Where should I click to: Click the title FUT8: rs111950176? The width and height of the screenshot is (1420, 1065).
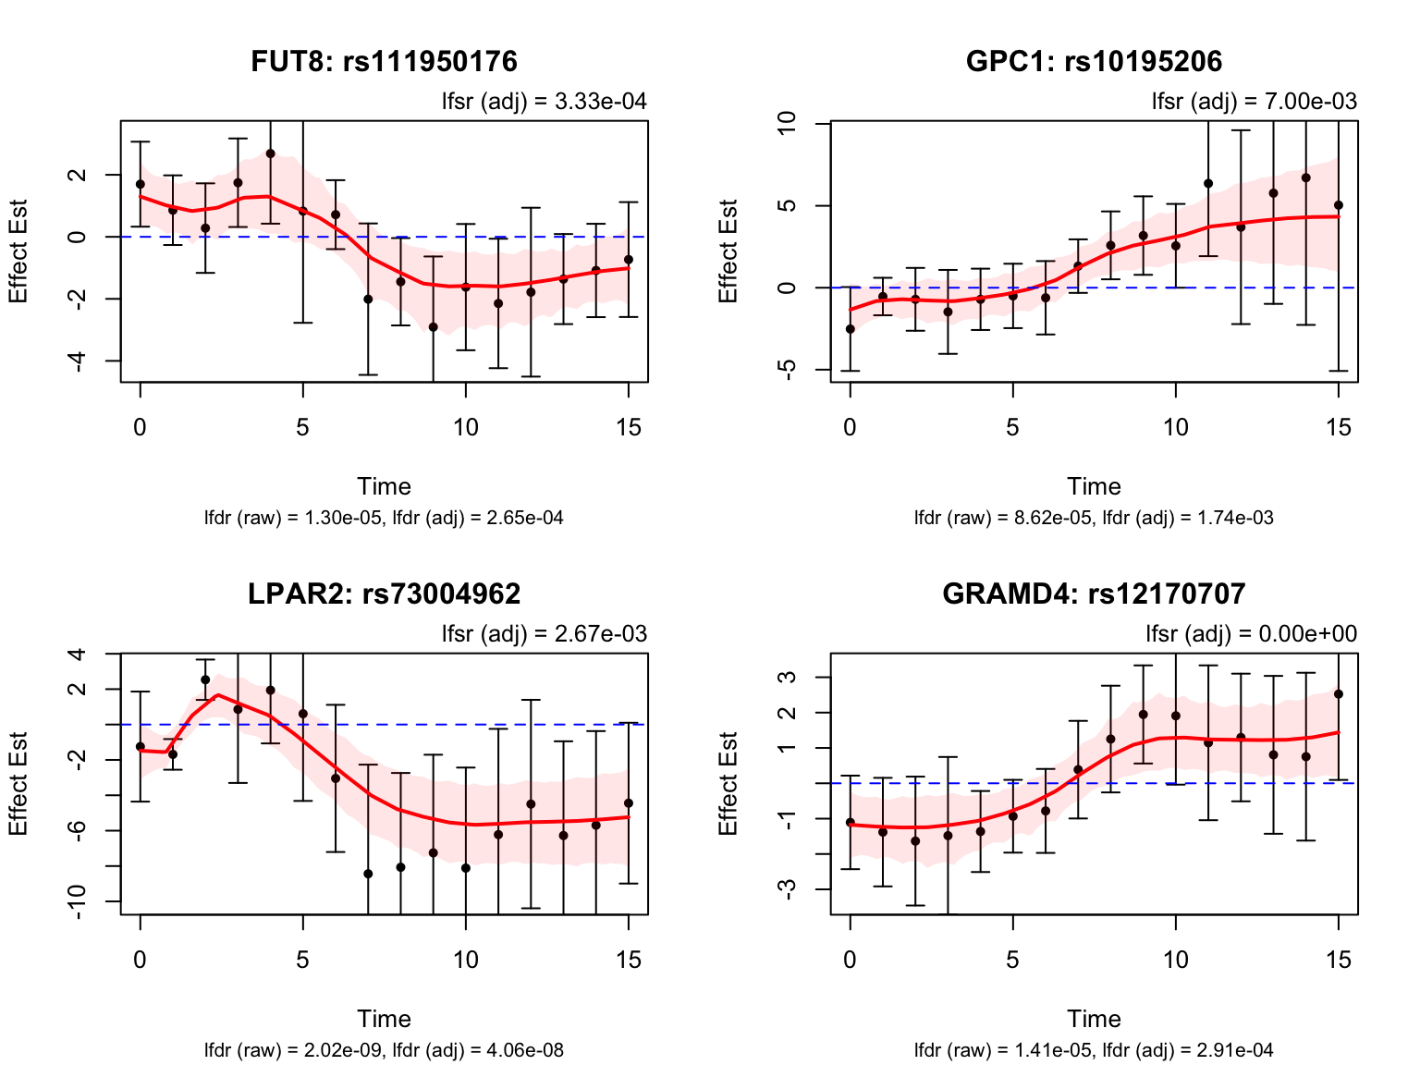pos(384,61)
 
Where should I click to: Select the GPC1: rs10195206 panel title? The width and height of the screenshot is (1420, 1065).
pos(1094,61)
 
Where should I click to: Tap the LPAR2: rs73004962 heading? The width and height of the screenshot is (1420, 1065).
pos(384,594)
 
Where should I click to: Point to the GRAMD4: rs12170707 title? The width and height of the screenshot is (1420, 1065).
pos(1094,594)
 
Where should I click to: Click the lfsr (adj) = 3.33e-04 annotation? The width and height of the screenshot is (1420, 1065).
pos(544,102)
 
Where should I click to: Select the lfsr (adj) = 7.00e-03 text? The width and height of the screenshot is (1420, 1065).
pos(1254,102)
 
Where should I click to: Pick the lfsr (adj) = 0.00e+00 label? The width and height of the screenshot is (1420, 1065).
pos(1251,634)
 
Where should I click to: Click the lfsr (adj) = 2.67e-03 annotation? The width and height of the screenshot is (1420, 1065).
pos(544,634)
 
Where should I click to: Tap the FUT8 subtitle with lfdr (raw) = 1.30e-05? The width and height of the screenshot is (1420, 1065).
pos(384,518)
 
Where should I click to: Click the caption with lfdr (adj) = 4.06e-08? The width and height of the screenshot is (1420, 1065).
pos(384,1050)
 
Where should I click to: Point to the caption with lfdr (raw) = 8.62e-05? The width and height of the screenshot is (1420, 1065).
pos(1094,518)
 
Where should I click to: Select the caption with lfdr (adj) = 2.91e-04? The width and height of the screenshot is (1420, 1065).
pos(1094,1050)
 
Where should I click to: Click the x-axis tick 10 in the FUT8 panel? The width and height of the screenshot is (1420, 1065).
pos(466,427)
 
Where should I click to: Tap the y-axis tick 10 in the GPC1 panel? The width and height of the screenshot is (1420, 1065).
pos(787,123)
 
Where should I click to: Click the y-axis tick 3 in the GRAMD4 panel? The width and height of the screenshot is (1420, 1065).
pos(787,678)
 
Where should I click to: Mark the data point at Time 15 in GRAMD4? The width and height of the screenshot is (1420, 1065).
pos(1338,694)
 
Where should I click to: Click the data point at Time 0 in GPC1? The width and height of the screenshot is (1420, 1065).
pos(851,329)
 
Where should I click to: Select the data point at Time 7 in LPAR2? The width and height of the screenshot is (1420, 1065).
pos(368,874)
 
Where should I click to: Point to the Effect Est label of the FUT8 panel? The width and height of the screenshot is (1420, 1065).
pos(18,251)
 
